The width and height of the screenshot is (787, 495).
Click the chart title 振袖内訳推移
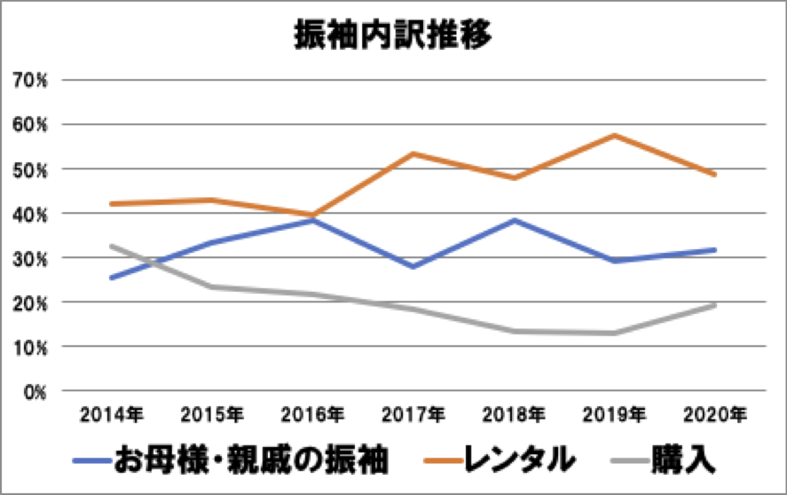tap(393, 37)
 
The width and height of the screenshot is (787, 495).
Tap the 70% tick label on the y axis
tap(35, 80)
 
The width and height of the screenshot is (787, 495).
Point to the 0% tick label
tap(38, 391)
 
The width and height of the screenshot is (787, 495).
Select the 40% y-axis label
tap(35, 214)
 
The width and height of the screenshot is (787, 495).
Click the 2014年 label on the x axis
tap(110, 414)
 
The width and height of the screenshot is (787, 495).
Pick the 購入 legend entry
tap(683, 460)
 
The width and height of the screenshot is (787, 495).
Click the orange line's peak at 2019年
tap(614, 135)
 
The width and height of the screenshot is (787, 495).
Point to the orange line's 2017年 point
tap(413, 153)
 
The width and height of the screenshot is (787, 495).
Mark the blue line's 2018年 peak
tap(513, 219)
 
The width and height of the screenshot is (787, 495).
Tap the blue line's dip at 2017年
tap(413, 266)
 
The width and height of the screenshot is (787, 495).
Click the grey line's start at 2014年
tap(110, 246)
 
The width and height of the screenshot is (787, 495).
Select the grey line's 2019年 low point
tap(614, 333)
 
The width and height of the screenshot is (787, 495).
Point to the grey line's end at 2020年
tap(714, 305)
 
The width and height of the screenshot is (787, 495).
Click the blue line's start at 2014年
tap(110, 278)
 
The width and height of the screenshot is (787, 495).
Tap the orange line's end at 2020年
tap(714, 175)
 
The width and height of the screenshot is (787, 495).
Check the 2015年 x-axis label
tap(211, 414)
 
